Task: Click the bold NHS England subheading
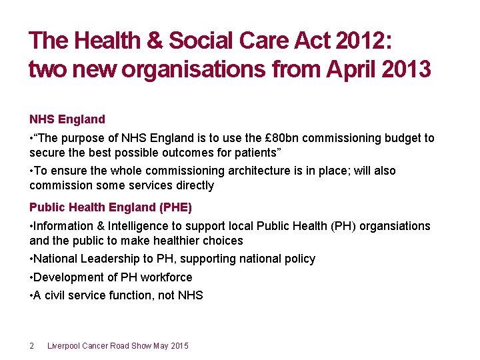coord(67,119)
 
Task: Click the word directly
coord(193,185)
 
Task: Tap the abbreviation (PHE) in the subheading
coord(156,207)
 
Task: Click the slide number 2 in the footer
coord(32,345)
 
